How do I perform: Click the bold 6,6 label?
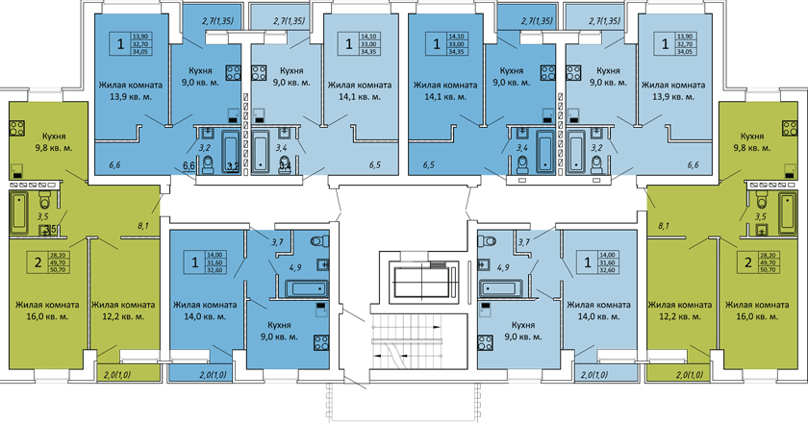coord(189,166)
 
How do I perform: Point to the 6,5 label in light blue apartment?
coord(374,166)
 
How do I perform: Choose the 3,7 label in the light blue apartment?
coord(524,242)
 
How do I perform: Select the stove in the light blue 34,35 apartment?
coord(258,71)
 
